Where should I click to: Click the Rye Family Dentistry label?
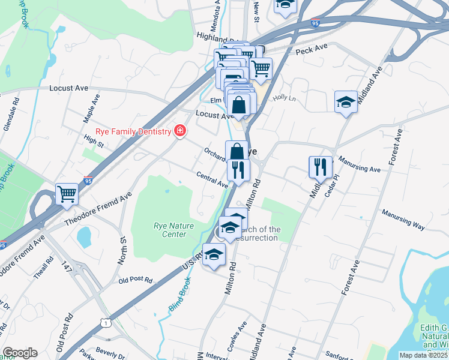coord(133,131)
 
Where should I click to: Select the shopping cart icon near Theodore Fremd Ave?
coord(67,193)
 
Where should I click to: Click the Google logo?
coord(20,353)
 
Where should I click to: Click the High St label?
coord(94,142)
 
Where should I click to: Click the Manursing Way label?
coord(403,220)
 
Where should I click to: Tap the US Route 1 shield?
coord(106,323)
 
